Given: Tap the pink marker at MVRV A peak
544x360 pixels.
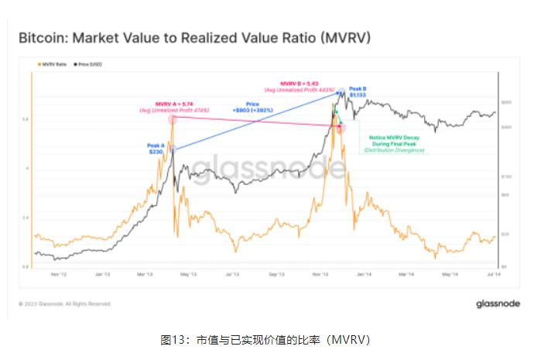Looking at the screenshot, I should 172,119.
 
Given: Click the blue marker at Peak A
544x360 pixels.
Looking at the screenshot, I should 173,149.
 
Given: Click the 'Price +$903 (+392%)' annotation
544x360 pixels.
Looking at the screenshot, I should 252,107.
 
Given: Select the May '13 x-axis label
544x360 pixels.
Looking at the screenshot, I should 187,273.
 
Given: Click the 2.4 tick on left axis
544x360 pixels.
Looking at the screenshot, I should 26,218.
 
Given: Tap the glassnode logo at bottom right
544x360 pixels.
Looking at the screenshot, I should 498,303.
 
